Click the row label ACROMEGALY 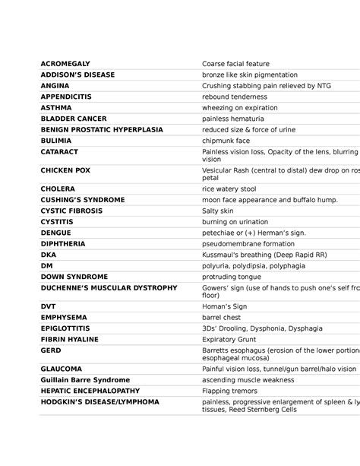[65, 64]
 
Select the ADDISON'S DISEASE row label [77, 75]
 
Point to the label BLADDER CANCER [74, 119]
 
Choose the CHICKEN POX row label [65, 171]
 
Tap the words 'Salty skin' [218, 211]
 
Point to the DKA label [49, 255]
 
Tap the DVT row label [48, 306]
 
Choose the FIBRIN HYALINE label [71, 340]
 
